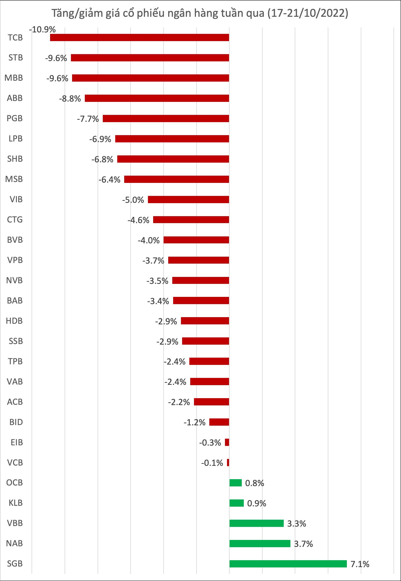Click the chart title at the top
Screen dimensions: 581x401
tap(200, 13)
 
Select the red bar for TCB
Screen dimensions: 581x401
tap(139, 38)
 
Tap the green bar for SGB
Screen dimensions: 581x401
tap(288, 564)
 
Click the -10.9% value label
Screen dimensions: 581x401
tap(42, 30)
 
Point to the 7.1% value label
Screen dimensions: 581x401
tap(360, 564)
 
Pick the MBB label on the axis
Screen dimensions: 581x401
tap(14, 78)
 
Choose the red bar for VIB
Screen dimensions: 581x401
tap(188, 199)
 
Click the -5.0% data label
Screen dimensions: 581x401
tap(133, 200)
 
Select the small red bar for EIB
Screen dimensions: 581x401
tap(227, 442)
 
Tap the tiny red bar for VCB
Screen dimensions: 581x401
tap(228, 462)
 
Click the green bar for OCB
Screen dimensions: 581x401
tap(235, 483)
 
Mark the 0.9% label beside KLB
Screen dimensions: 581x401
tap(257, 503)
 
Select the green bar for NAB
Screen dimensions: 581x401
tap(260, 543)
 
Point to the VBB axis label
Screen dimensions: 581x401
tap(14, 523)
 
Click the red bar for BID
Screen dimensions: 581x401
tap(219, 422)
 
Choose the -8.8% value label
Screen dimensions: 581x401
tap(70, 99)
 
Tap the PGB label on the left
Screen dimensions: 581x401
tap(14, 118)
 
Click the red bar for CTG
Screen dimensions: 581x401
tap(191, 220)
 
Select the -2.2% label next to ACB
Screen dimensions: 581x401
tap(179, 402)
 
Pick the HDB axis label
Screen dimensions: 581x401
tap(14, 321)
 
